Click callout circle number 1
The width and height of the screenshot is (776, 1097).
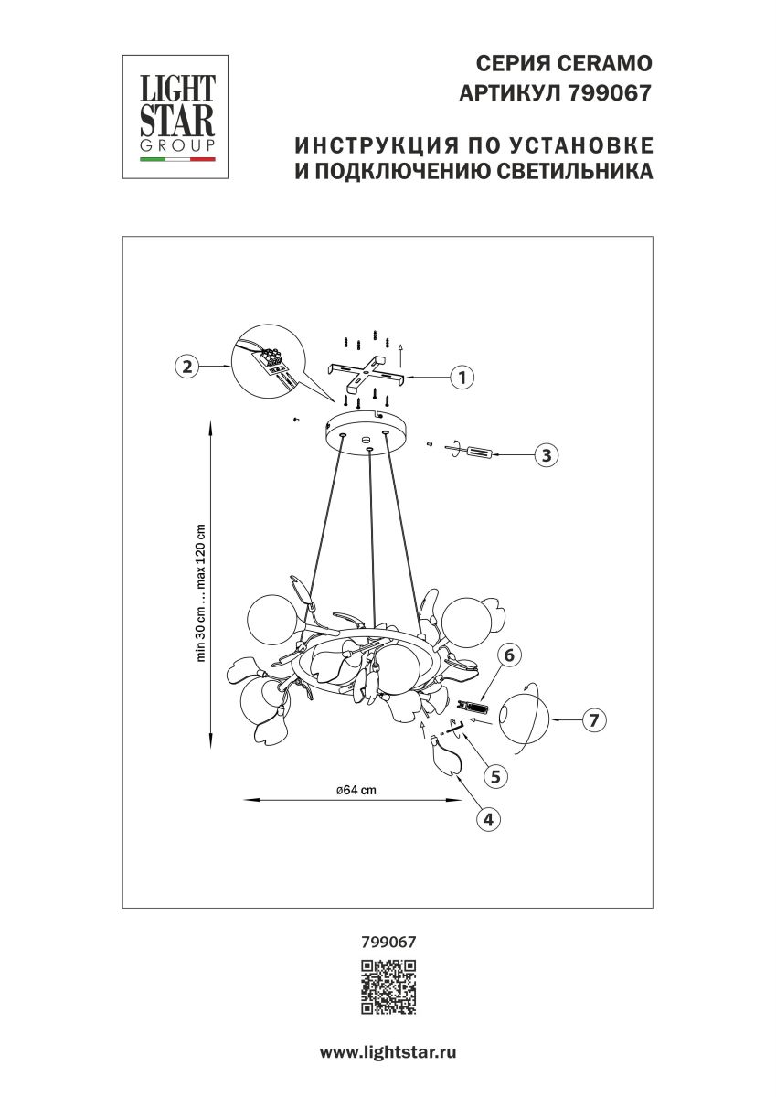[x=462, y=377]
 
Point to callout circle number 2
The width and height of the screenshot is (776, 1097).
[x=187, y=367]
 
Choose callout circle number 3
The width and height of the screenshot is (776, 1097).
[x=546, y=455]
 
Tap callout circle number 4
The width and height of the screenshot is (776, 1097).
[x=489, y=819]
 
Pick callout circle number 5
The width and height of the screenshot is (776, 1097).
[x=494, y=776]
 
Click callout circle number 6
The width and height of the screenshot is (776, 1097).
[x=510, y=655]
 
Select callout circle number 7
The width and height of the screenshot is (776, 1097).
[x=593, y=720]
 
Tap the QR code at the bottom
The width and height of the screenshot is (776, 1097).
[x=388, y=988]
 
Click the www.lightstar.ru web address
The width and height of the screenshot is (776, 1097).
[x=388, y=1052]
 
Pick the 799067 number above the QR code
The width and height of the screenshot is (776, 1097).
[x=388, y=940]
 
